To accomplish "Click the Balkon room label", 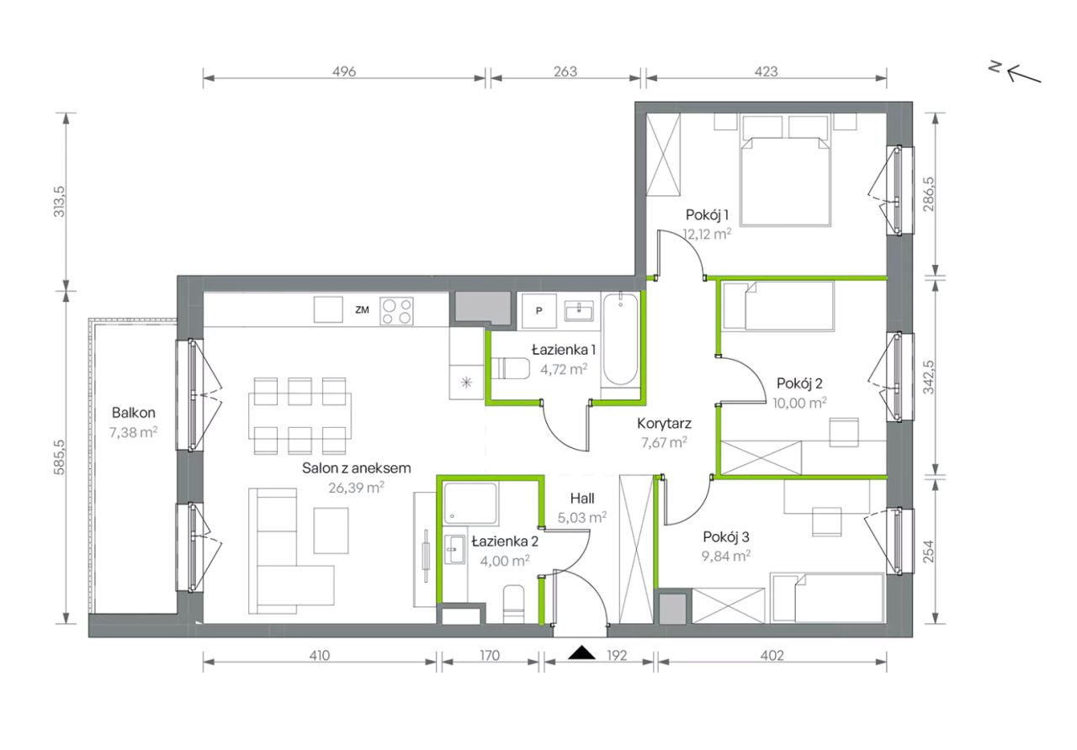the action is click(133, 413).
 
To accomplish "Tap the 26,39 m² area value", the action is click(356, 488).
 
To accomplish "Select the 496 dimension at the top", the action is click(344, 71).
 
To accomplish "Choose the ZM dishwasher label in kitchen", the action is click(362, 310).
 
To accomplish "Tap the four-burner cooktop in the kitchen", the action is click(396, 311).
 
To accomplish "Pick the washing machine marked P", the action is click(539, 311).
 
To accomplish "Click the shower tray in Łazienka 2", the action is click(470, 503).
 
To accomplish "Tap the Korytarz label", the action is click(664, 423).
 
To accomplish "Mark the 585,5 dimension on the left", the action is click(59, 457).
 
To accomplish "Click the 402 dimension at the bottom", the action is click(772, 655).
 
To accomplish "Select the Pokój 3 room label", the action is click(726, 536).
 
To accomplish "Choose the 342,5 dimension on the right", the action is click(929, 378).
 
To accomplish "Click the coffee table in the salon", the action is click(331, 531).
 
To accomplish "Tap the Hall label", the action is click(581, 499).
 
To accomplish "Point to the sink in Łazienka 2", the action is click(455, 549).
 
